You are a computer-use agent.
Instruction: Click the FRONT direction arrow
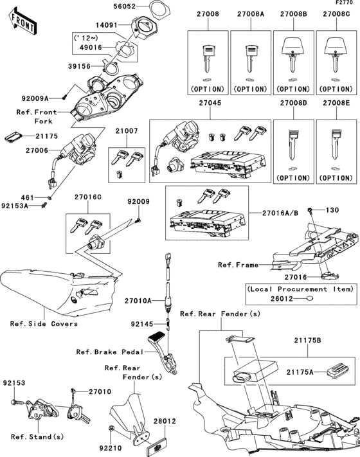(22, 22)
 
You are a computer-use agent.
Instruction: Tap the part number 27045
(210, 103)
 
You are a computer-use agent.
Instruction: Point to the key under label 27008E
(336, 145)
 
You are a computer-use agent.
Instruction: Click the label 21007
(127, 131)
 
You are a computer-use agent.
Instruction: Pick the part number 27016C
(87, 197)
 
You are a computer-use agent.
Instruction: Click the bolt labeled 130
(310, 210)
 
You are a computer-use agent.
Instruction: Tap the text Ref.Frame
(238, 265)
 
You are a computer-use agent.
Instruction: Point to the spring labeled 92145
(168, 324)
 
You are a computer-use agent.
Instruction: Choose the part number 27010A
(138, 301)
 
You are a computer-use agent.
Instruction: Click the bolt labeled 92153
(17, 402)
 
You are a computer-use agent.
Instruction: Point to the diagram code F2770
(344, 3)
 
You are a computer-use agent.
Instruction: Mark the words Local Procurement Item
(300, 289)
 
